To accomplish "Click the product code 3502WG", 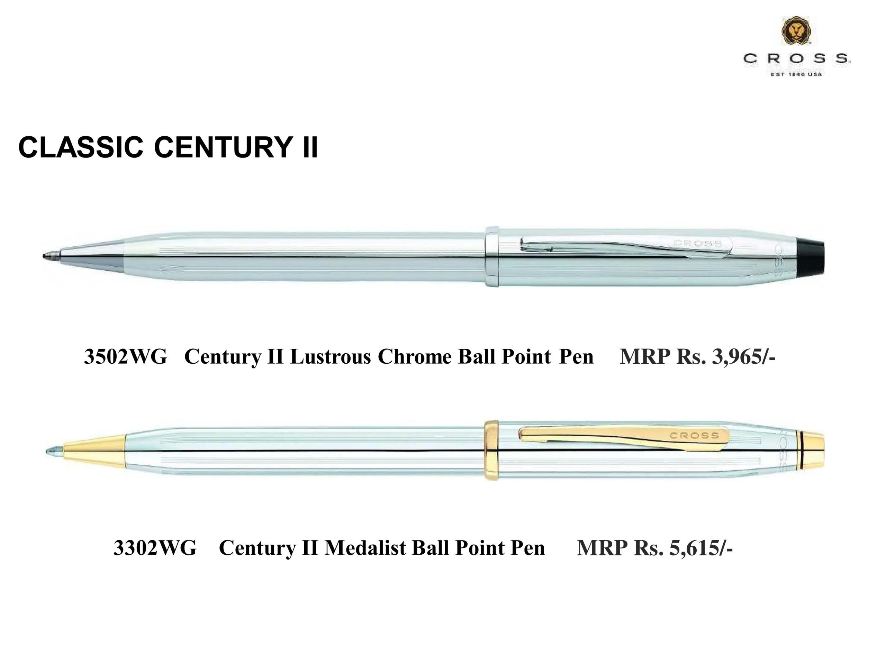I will coord(125,357).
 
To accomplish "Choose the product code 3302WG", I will coord(155,548).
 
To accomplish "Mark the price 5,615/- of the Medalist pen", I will coord(701,548).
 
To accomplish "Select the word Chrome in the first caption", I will coord(415,357).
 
